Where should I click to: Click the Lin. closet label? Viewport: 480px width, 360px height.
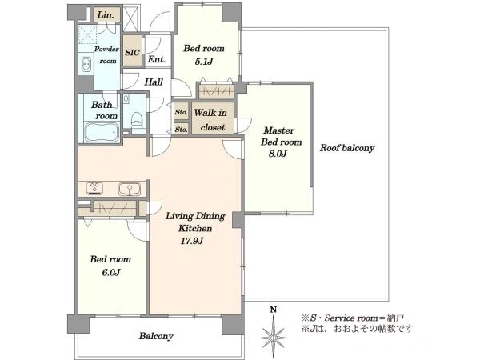(106, 15)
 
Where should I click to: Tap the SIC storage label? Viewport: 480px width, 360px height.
(133, 52)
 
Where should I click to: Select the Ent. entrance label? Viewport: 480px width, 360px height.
(157, 59)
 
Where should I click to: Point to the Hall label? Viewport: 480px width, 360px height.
(154, 82)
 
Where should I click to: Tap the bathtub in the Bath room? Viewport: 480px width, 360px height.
(102, 132)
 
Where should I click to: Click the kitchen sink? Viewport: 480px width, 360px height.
(130, 189)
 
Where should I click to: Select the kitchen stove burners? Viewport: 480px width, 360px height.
(94, 188)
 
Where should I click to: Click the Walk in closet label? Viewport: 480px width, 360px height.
(211, 120)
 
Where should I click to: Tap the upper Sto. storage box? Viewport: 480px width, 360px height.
(182, 112)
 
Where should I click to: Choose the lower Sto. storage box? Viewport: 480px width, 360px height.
(182, 129)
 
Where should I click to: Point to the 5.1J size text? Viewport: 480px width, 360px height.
(203, 62)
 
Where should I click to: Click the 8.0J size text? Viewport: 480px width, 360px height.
(278, 154)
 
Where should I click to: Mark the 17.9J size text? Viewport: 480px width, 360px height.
(192, 241)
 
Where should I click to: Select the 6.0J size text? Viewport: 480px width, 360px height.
(111, 272)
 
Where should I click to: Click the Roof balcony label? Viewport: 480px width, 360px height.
(347, 148)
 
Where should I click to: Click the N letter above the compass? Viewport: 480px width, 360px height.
(274, 310)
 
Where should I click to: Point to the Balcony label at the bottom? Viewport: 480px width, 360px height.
(156, 336)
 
